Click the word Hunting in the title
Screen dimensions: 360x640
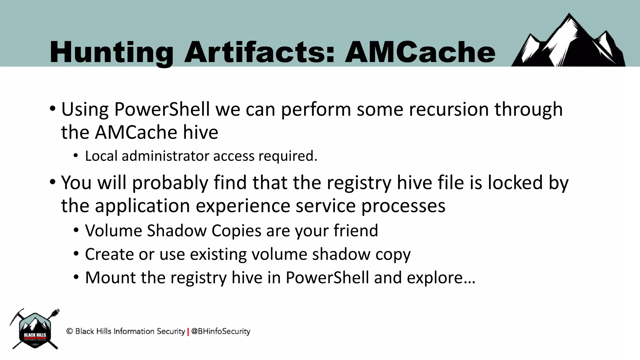pos(111,52)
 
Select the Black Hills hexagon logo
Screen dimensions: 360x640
pos(35,330)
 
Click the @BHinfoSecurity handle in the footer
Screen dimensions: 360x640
pos(221,331)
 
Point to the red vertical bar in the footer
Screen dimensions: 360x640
pos(188,332)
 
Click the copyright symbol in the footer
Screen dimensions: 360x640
pos(69,331)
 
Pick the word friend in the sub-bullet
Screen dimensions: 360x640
pos(356,231)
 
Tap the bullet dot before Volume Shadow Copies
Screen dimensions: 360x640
pos(76,231)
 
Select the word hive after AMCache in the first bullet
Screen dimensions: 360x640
pos(200,132)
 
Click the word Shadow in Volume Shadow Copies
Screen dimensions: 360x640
pos(177,231)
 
